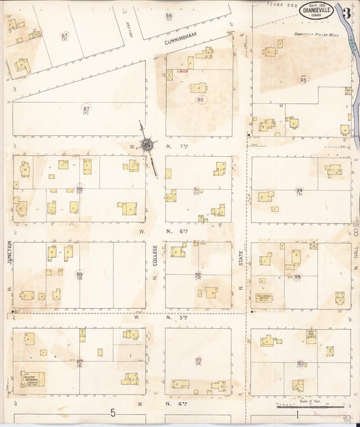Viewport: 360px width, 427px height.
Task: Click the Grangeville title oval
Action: pos(315,11)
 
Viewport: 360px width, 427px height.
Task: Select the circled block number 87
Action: pos(86,108)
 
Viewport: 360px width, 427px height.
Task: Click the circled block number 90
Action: pos(200,99)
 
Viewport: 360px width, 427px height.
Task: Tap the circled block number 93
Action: pos(303,80)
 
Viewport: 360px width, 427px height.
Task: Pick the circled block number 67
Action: pos(65,36)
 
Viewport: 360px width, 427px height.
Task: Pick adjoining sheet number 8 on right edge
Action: pos(355,232)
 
